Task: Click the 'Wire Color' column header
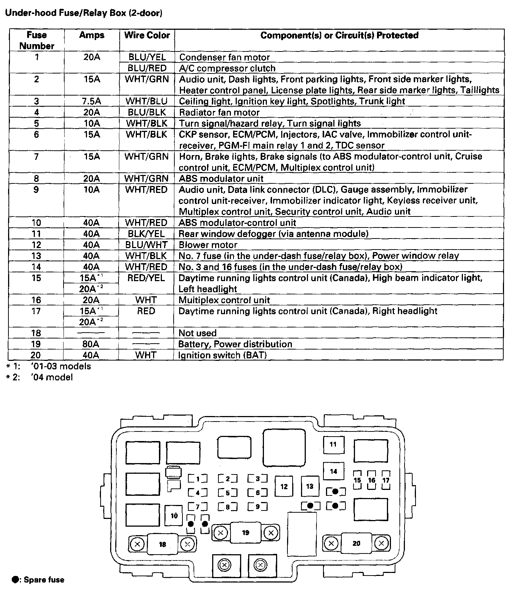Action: click(147, 35)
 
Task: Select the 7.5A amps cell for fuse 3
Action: click(91, 101)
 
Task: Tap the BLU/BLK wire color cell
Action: click(147, 112)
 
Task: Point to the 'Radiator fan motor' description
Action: click(219, 112)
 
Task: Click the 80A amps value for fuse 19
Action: click(91, 344)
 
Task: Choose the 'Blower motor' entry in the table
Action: click(208, 245)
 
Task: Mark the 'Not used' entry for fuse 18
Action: click(197, 333)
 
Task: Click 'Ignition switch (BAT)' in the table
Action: click(222, 355)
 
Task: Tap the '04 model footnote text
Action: click(52, 377)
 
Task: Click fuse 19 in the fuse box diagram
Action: click(246, 533)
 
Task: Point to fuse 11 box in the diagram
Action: click(333, 444)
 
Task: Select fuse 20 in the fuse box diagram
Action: click(356, 543)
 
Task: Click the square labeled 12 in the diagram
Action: click(284, 487)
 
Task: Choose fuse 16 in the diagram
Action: click(372, 480)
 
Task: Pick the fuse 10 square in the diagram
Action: click(174, 516)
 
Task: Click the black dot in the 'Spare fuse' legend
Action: click(15, 580)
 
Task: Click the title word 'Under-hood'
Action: click(25, 13)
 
